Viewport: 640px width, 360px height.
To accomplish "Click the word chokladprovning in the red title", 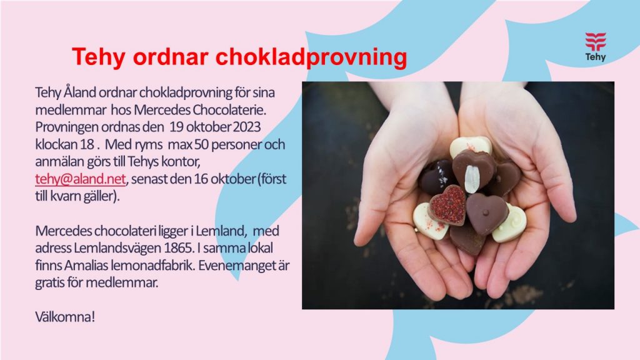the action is pos(311,57).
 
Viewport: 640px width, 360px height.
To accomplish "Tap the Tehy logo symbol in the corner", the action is pos(596,42).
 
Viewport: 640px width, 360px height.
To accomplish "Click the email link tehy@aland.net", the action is pos(81,179).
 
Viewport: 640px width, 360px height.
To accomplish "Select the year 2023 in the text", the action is pos(247,127).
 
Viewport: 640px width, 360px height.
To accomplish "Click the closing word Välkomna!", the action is pos(65,317).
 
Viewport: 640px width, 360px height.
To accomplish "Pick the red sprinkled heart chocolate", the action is pos(447,205).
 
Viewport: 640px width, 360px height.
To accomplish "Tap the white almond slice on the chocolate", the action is pos(472,178).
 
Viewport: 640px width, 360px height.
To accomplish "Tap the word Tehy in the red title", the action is pos(99,57).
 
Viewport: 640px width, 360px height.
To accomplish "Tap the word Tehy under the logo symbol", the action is pos(596,57).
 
